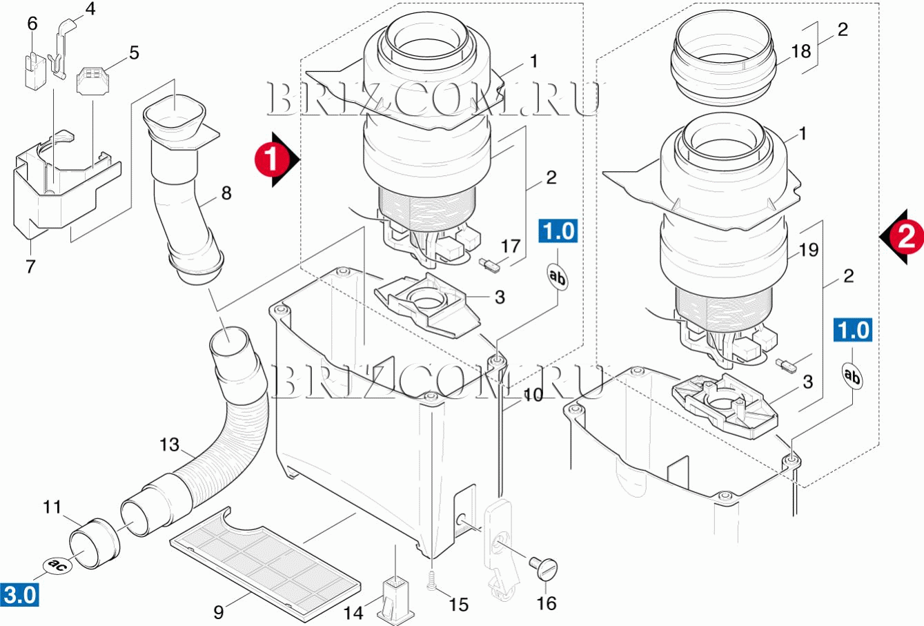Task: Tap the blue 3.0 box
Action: (19, 594)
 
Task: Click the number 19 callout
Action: (808, 249)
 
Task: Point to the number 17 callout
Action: (510, 246)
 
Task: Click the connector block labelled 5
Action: (92, 82)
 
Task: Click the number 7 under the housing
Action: (30, 266)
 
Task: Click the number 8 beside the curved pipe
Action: (226, 193)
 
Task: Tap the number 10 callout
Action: (532, 395)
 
